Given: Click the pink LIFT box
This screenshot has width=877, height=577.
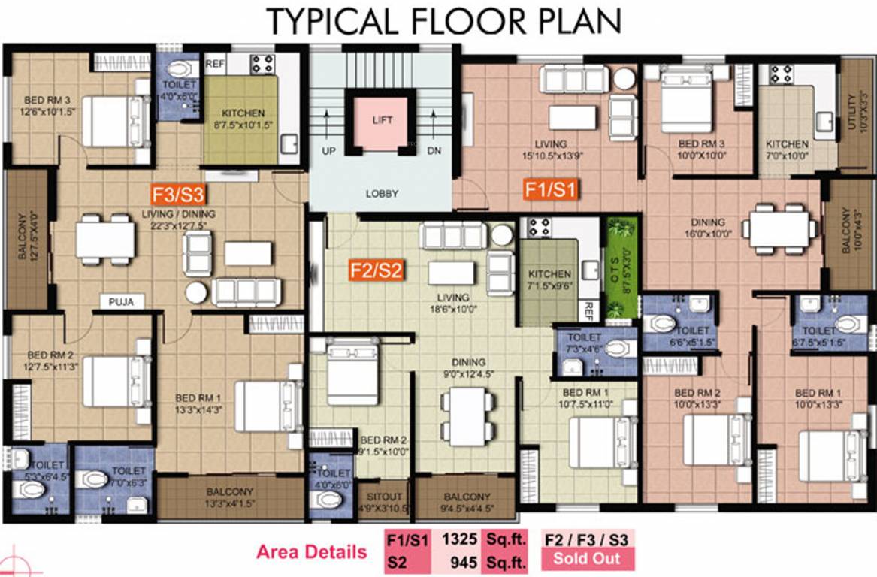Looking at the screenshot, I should [383, 120].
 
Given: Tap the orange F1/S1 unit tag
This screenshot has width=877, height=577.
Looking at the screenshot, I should [551, 189].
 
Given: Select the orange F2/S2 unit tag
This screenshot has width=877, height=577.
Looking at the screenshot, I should [377, 269].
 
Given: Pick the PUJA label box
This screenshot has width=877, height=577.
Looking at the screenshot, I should [121, 302].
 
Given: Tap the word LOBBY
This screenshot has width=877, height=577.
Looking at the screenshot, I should [382, 193].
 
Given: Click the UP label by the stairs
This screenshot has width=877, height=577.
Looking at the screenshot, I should [328, 150].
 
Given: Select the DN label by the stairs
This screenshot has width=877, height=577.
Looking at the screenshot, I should [434, 150].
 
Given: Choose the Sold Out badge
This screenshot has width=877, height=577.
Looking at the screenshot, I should [588, 558].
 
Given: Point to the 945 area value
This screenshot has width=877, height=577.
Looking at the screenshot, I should [459, 560].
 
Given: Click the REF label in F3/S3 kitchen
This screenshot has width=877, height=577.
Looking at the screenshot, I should [216, 63].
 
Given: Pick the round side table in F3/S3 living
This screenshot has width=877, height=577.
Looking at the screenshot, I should [197, 292].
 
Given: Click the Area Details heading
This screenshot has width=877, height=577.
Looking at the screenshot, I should [312, 552].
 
